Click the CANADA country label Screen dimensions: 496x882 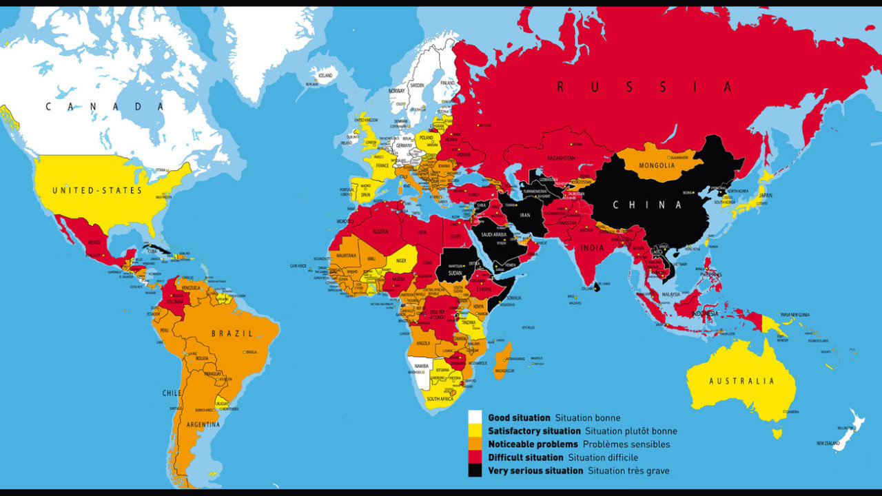pyautogui.click(x=105, y=107)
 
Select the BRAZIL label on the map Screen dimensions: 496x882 pyautogui.click(x=232, y=333)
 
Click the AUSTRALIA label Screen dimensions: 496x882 pyautogui.click(x=741, y=381)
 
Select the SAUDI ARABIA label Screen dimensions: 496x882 pyautogui.click(x=491, y=234)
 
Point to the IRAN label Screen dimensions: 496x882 pyautogui.click(x=524, y=216)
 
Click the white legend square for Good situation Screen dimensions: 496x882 pyautogui.click(x=475, y=417)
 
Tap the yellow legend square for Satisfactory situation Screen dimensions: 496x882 pyautogui.click(x=475, y=431)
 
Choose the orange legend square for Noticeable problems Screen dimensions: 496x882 pyautogui.click(x=475, y=444)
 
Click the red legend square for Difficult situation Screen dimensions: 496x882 pyautogui.click(x=475, y=457)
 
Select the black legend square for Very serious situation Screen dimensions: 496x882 pyautogui.click(x=475, y=471)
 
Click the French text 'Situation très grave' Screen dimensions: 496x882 pyautogui.click(x=628, y=471)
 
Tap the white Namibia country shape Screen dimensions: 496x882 pyautogui.click(x=418, y=369)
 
